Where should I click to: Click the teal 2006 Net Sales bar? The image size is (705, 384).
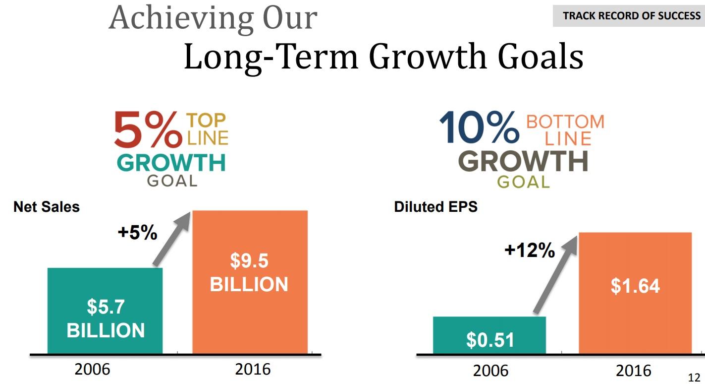click(105, 311)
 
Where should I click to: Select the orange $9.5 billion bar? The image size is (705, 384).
click(250, 282)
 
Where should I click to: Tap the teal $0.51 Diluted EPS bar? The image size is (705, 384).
click(489, 335)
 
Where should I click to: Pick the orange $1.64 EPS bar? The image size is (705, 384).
click(635, 293)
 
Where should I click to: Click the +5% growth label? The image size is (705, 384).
click(138, 232)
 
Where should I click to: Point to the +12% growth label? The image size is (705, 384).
click(530, 251)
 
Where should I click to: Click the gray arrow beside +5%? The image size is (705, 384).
click(172, 239)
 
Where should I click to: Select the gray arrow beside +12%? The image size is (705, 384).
click(555, 275)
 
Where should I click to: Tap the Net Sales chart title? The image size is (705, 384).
click(47, 207)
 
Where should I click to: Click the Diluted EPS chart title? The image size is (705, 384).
click(435, 207)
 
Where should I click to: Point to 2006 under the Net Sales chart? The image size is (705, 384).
click(93, 369)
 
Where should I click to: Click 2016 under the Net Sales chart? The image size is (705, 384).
click(253, 369)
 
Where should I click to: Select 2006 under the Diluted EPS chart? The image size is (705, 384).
click(490, 371)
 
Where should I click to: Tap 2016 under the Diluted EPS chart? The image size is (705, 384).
click(634, 371)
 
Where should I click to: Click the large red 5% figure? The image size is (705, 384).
click(148, 129)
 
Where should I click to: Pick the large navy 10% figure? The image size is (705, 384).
click(479, 128)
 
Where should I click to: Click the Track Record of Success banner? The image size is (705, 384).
click(629, 16)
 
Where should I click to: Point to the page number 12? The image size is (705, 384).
click(694, 378)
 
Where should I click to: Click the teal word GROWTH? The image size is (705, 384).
click(171, 162)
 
